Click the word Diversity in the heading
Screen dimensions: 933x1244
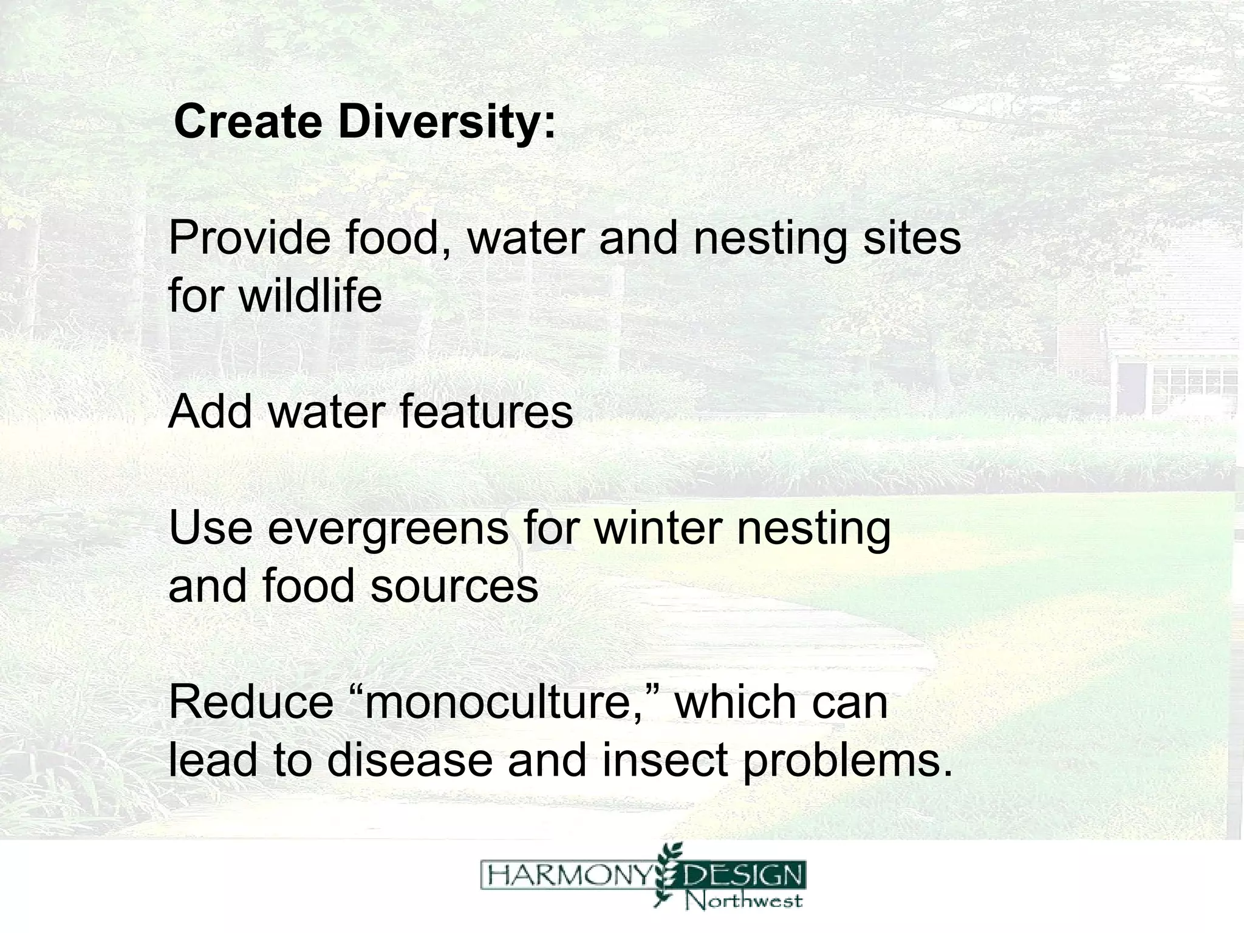(446, 121)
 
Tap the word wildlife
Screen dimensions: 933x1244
(310, 296)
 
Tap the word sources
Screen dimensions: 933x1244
(454, 587)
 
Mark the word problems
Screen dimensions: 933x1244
(841, 761)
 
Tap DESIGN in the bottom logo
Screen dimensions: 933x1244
(743, 877)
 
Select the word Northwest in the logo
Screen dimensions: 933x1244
(745, 900)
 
